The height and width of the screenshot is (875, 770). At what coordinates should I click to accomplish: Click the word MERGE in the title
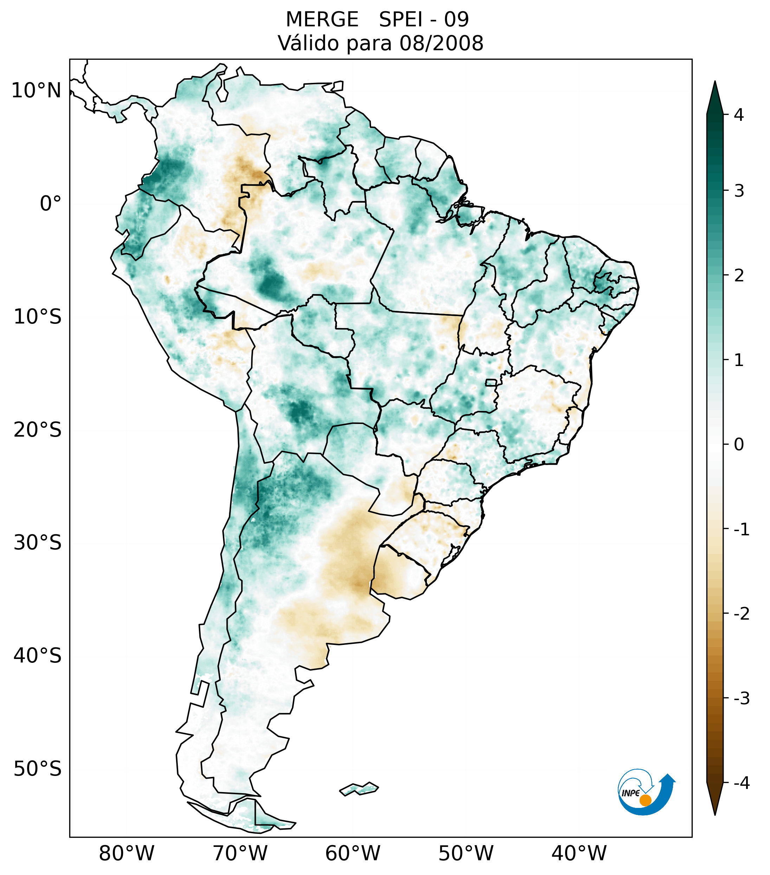tap(322, 20)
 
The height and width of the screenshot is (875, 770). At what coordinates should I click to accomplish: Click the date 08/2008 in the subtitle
tap(441, 43)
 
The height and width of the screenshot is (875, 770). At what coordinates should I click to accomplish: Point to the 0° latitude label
tap(51, 204)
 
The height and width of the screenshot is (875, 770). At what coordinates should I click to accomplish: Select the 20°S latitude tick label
tap(38, 430)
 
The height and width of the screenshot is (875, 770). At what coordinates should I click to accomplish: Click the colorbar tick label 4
tap(739, 115)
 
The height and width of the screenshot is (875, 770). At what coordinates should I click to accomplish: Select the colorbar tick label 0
tap(739, 445)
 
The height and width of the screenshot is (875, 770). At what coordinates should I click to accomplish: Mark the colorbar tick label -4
tap(741, 783)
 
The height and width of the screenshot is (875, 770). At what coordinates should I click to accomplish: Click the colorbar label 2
tap(739, 276)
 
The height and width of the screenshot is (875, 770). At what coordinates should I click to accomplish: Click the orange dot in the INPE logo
tap(645, 800)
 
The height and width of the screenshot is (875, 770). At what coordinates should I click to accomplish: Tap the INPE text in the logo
tap(630, 793)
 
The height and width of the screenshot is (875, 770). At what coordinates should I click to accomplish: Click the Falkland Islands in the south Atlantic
tap(359, 789)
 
